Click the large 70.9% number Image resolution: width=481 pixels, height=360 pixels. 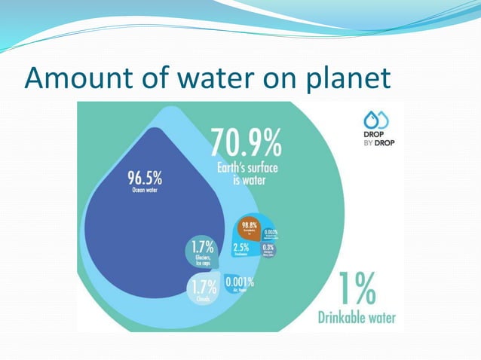coord(246,142)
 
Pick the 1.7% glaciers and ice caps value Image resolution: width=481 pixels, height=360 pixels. coord(201,246)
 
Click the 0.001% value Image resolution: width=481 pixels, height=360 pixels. coord(240,283)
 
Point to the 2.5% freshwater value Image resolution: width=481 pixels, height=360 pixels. coord(241,247)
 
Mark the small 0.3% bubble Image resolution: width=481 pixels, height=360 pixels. coord(269,248)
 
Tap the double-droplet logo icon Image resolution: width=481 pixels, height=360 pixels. coord(375,119)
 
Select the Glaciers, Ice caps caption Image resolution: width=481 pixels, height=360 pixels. coord(202,260)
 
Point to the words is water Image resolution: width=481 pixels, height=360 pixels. coord(249,181)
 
